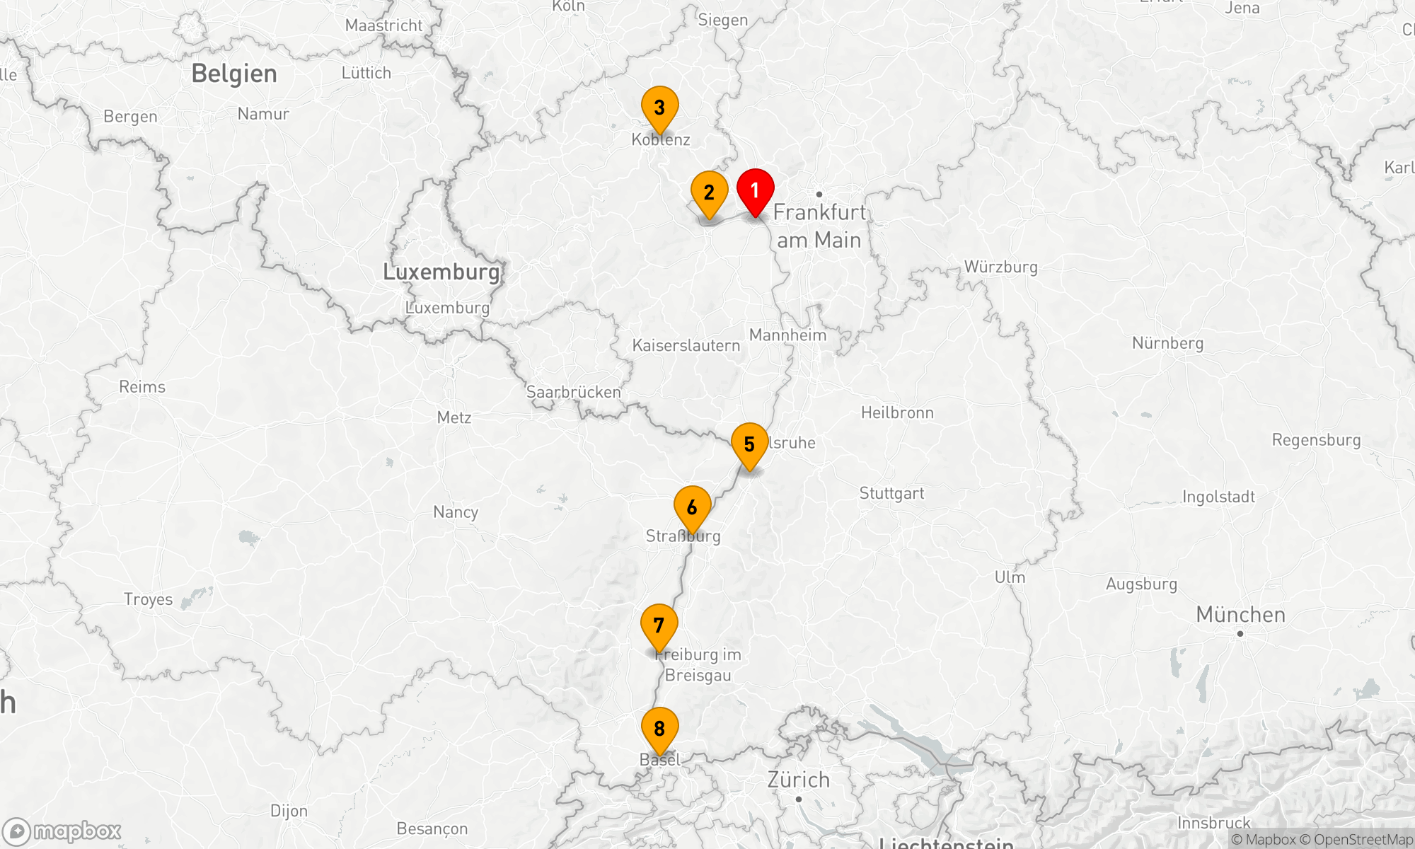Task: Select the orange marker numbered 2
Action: pyautogui.click(x=709, y=192)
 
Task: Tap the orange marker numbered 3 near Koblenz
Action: pyautogui.click(x=659, y=108)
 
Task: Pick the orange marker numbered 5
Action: pyautogui.click(x=749, y=444)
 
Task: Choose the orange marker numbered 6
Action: pyautogui.click(x=692, y=507)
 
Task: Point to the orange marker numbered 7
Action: pyautogui.click(x=659, y=625)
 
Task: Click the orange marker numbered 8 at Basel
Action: pyautogui.click(x=659, y=729)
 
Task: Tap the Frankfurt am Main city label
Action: pyautogui.click(x=819, y=226)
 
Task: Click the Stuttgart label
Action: pyautogui.click(x=891, y=493)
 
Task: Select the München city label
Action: pyautogui.click(x=1240, y=614)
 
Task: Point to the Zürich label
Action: pyautogui.click(x=798, y=780)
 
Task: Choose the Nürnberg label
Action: pyautogui.click(x=1167, y=343)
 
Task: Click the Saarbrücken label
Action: pyautogui.click(x=573, y=392)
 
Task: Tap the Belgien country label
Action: pyautogui.click(x=234, y=74)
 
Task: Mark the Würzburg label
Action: pyautogui.click(x=1000, y=267)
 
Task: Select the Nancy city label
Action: pyautogui.click(x=456, y=512)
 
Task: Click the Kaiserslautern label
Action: pyautogui.click(x=686, y=345)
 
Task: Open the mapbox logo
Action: pyautogui.click(x=62, y=831)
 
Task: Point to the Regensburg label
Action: pyautogui.click(x=1316, y=440)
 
